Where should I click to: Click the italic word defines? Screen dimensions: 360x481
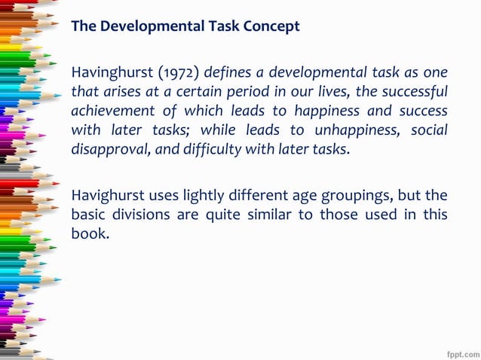tap(225, 74)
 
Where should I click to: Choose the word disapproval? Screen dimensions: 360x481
tap(108, 148)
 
